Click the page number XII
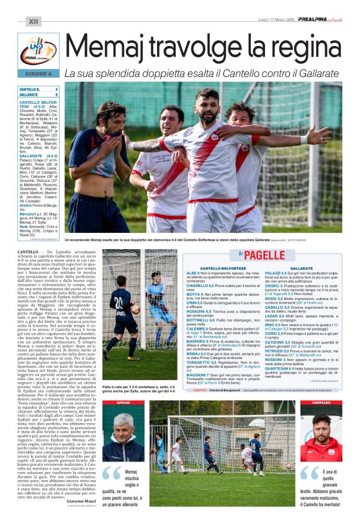coord(33,21)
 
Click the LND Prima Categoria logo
coord(38,52)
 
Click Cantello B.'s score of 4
coord(56,89)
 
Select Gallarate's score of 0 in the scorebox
coord(56,95)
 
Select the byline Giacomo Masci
coord(81,501)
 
